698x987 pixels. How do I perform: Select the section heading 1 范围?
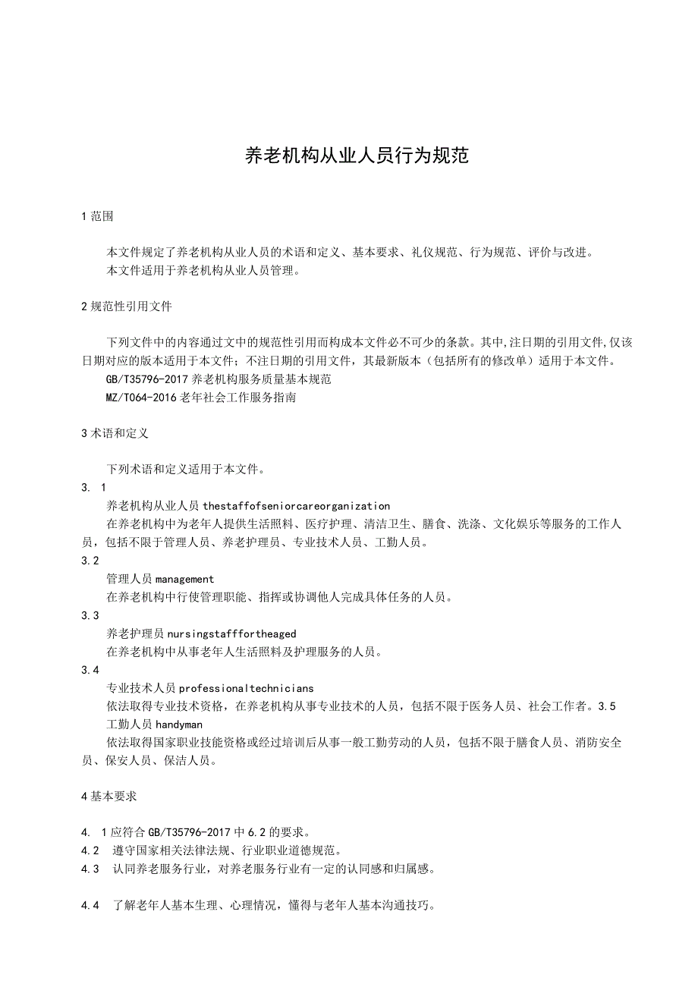(x=97, y=216)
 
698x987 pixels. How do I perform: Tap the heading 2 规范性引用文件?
(x=127, y=307)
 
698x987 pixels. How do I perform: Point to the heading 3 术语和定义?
(x=115, y=433)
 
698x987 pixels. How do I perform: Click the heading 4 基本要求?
(x=108, y=797)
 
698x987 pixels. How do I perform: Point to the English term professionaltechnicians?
(x=246, y=688)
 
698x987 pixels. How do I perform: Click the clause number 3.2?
(x=90, y=561)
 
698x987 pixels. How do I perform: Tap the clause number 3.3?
(x=90, y=615)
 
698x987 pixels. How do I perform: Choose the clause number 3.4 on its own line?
(x=90, y=670)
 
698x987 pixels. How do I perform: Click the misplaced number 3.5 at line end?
(x=607, y=706)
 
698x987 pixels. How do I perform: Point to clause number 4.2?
(x=90, y=850)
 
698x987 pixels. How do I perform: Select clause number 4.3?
(x=90, y=869)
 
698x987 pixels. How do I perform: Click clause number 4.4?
(x=90, y=905)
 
